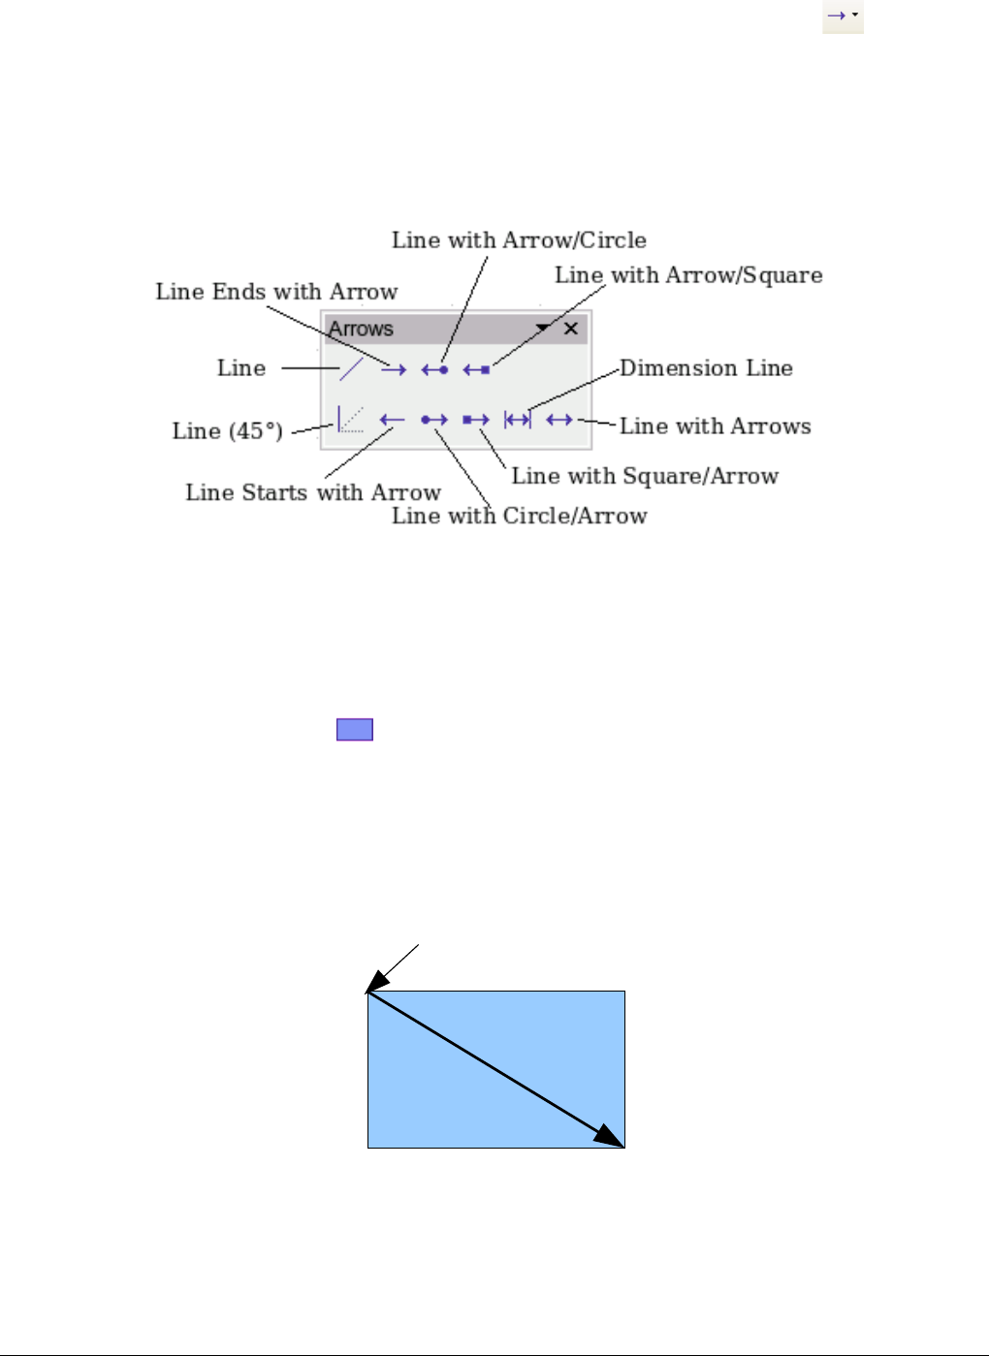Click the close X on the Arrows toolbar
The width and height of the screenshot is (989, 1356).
pos(571,329)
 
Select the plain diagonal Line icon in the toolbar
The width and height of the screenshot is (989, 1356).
pos(351,368)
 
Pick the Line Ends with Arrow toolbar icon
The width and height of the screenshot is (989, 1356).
pos(393,369)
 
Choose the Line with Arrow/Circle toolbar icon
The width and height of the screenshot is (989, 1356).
pos(434,369)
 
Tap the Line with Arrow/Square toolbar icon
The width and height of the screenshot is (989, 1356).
pos(476,369)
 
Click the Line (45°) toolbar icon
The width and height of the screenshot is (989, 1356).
pos(350,419)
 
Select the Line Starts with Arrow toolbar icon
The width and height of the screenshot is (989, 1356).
pos(392,420)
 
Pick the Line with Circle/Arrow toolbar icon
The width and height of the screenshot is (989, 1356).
pos(434,420)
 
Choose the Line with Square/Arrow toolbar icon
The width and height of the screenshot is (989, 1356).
pos(476,420)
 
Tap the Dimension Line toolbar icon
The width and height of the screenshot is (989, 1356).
pos(518,420)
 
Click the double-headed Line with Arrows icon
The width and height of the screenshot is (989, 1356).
pos(559,420)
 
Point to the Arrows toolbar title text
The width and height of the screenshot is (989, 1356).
pos(361,329)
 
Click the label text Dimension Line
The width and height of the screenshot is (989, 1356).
pos(706,368)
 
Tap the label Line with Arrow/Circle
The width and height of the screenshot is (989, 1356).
pos(519,240)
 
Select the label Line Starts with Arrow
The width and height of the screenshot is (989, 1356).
pos(313,492)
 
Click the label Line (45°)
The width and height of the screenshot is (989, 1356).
pos(228,431)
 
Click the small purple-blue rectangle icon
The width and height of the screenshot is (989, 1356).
pos(355,730)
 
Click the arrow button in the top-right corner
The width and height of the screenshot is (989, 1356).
pos(842,16)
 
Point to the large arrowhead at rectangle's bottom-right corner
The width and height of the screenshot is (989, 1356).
pos(610,1137)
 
